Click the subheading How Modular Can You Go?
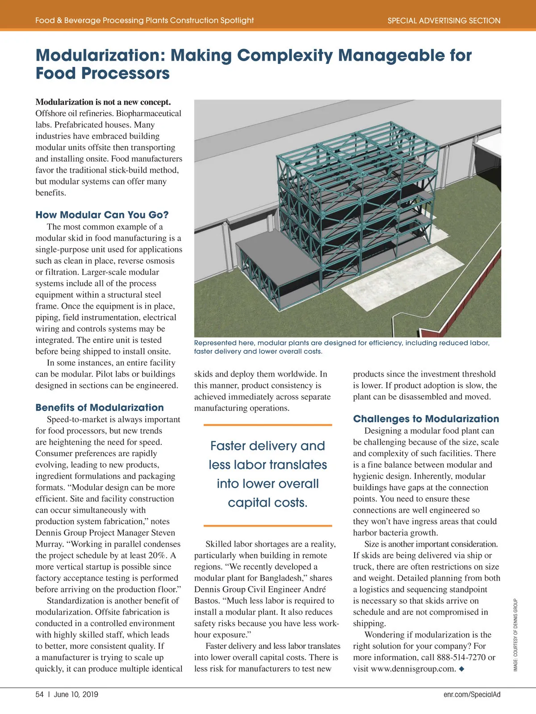(102, 215)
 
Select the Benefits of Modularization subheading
(100, 407)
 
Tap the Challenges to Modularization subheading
(426, 419)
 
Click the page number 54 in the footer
(40, 694)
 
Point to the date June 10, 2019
(76, 694)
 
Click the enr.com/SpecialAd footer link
(472, 694)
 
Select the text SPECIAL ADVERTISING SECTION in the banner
(444, 21)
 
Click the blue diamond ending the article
(461, 668)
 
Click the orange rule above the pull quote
(268, 425)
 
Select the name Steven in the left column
(163, 533)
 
